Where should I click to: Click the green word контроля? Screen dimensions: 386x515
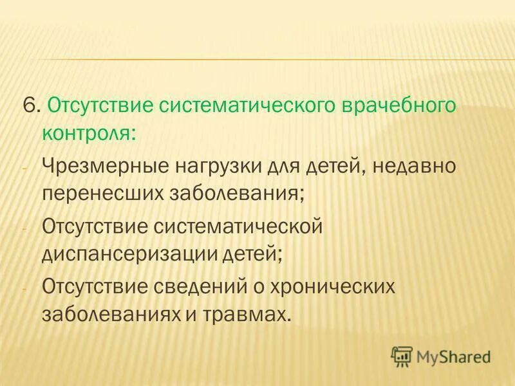pos(88,134)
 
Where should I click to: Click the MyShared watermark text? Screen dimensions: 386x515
pos(453,356)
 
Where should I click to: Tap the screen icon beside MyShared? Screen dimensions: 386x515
pos(402,355)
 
